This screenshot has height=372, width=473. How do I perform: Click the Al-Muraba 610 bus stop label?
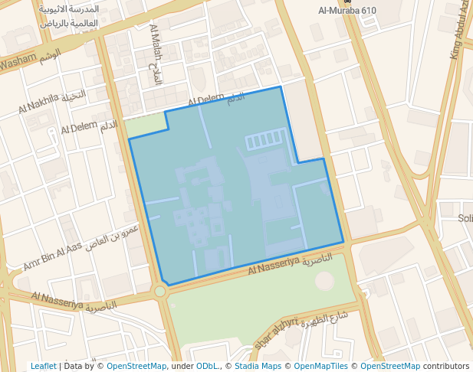pyautogui.click(x=347, y=11)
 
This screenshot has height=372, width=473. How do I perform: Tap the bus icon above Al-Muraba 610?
pyautogui.click(x=348, y=2)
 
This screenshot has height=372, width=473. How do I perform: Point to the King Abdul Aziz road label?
pyautogui.click(x=461, y=31)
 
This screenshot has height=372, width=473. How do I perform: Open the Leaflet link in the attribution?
pyautogui.click(x=43, y=366)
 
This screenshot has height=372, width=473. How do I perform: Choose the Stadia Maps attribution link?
pyautogui.click(x=257, y=366)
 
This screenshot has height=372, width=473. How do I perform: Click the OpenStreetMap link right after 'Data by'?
pyautogui.click(x=136, y=366)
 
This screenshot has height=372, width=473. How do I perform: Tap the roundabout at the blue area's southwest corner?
pyautogui.click(x=159, y=291)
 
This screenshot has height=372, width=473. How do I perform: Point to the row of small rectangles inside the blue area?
pyautogui.click(x=265, y=141)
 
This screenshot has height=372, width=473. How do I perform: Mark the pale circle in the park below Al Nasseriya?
pyautogui.click(x=324, y=280)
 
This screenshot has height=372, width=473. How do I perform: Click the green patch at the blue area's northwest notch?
pyautogui.click(x=147, y=125)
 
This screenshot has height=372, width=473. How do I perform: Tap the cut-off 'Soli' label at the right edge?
pyautogui.click(x=465, y=218)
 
